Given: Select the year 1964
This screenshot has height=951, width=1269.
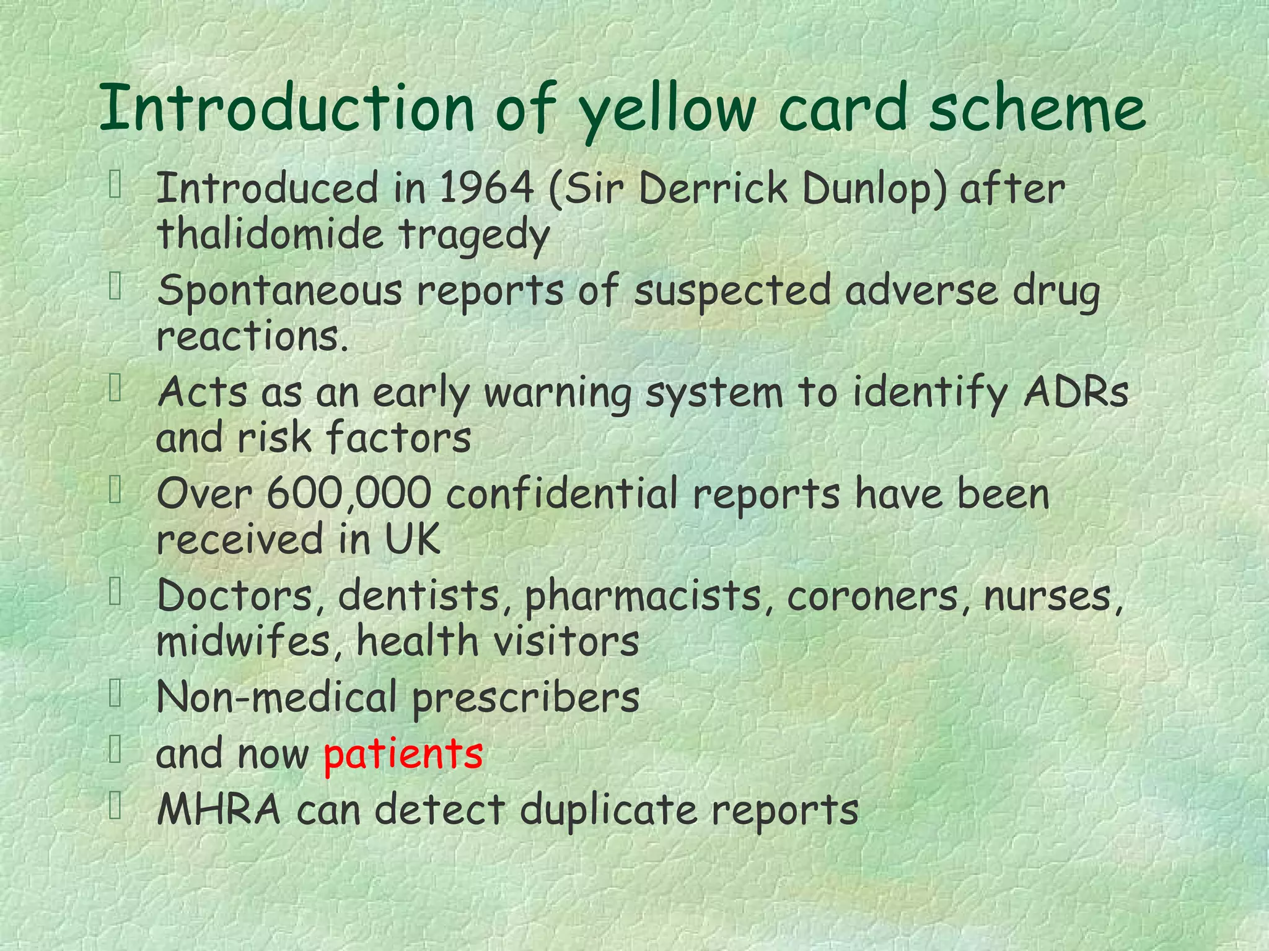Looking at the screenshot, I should (x=486, y=188).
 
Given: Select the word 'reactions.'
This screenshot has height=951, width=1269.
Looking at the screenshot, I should (x=253, y=337).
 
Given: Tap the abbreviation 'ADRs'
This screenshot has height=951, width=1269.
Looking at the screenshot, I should (x=1076, y=393).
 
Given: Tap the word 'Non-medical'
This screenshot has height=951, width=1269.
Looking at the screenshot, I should (x=276, y=697).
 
